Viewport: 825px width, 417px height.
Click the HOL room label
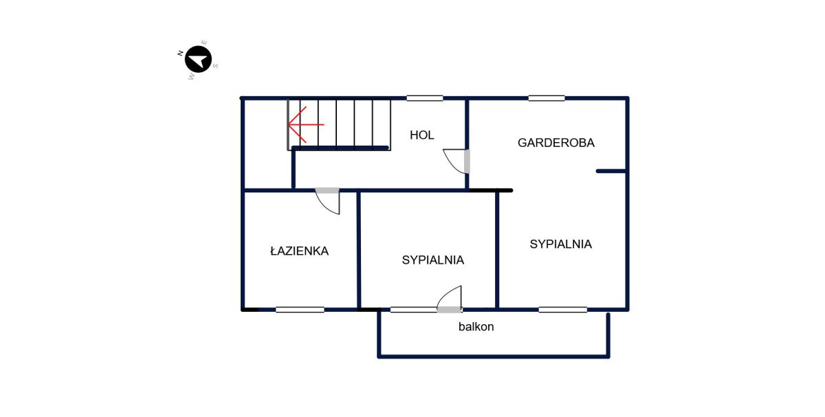point(421,135)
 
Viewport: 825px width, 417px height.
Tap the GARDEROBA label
point(555,143)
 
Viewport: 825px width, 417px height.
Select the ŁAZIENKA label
point(299,251)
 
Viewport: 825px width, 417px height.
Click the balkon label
point(476,326)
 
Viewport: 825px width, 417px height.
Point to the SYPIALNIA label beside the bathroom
point(432,260)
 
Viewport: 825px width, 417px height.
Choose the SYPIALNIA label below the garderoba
point(560,244)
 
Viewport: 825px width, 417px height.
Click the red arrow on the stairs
point(306,125)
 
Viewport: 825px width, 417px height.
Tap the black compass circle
point(198,59)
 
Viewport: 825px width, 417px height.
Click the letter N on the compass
point(180,54)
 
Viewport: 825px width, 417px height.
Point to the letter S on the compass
point(215,66)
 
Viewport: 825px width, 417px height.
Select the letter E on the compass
point(204,43)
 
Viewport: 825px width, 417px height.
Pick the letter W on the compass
point(191,77)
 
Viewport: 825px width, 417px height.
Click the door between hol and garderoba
point(456,161)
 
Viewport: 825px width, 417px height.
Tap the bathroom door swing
point(327,201)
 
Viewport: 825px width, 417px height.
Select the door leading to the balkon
point(450,300)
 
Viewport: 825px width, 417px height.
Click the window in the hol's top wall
point(425,98)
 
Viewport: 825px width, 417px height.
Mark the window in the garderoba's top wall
point(547,98)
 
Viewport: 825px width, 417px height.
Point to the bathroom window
point(300,310)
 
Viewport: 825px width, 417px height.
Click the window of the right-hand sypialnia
point(563,310)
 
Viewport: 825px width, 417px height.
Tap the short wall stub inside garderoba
point(611,171)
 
